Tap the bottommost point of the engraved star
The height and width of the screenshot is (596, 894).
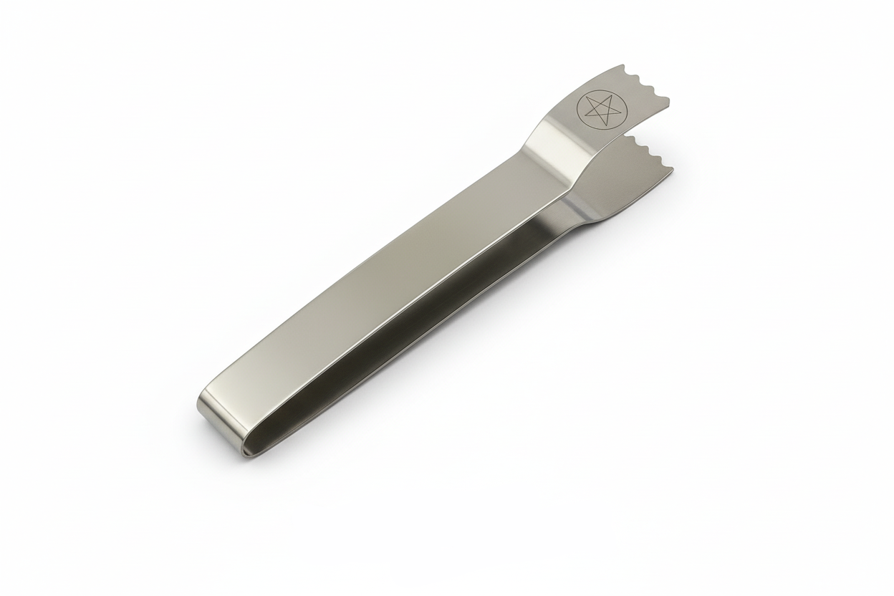click(590, 122)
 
